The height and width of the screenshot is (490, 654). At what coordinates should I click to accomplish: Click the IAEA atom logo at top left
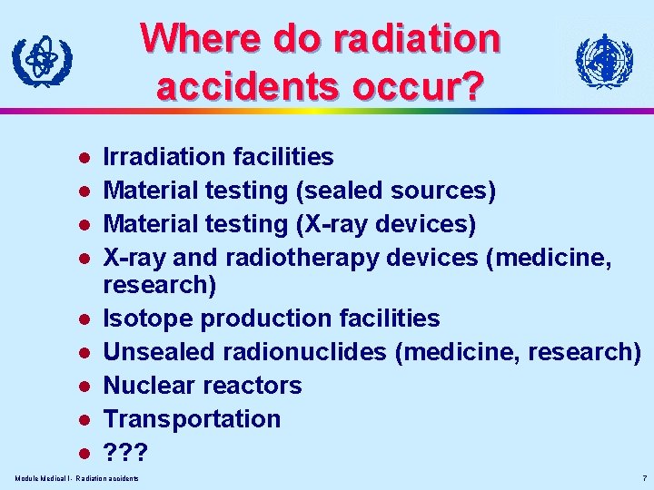(x=42, y=62)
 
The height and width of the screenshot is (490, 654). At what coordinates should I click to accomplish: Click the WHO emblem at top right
(x=604, y=62)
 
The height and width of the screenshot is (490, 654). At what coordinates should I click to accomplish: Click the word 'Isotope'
(x=148, y=319)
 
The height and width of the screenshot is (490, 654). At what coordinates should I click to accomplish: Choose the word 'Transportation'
(x=193, y=419)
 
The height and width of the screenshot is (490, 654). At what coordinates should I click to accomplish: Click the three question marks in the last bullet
(x=124, y=452)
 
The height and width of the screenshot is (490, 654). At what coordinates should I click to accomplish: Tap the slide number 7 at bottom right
(x=643, y=478)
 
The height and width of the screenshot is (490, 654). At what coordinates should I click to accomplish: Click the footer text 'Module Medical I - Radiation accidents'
(x=77, y=478)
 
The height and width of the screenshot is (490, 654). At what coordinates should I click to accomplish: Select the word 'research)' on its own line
(x=160, y=286)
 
